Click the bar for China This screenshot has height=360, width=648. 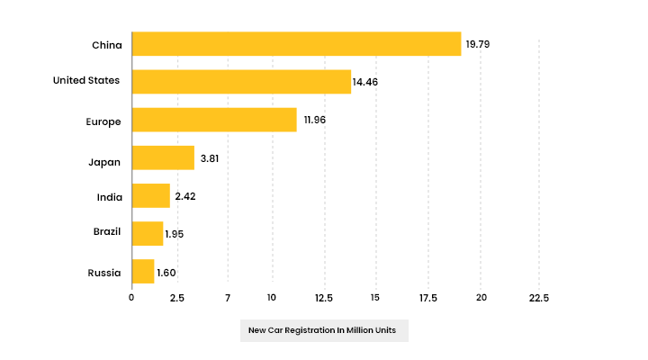pyautogui.click(x=296, y=43)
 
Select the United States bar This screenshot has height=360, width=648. pyautogui.click(x=241, y=82)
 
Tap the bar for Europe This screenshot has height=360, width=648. pyautogui.click(x=214, y=120)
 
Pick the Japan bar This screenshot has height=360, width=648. pyautogui.click(x=163, y=157)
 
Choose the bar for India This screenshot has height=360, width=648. pyautogui.click(x=150, y=195)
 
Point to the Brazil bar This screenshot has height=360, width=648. pyautogui.click(x=147, y=233)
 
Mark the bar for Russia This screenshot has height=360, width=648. pyautogui.click(x=143, y=271)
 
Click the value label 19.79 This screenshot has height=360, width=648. pyautogui.click(x=477, y=43)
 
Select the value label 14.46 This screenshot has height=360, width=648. pyautogui.click(x=364, y=82)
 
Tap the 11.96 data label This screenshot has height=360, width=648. pyautogui.click(x=314, y=120)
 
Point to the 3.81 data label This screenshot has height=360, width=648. pyautogui.click(x=210, y=158)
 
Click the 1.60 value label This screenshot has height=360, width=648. pyautogui.click(x=166, y=272)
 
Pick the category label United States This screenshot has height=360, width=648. pyautogui.click(x=85, y=81)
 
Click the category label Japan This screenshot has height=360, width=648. pyautogui.click(x=104, y=162)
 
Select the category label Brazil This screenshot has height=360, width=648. pyautogui.click(x=107, y=232)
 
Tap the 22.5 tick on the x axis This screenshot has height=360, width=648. pyautogui.click(x=538, y=298)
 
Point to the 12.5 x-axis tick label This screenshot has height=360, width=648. pyautogui.click(x=323, y=298)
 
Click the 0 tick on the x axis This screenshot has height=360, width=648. pyautogui.click(x=131, y=298)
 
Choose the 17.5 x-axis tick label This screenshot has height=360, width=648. pyautogui.click(x=427, y=298)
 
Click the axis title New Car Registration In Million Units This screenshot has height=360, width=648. pyautogui.click(x=324, y=330)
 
